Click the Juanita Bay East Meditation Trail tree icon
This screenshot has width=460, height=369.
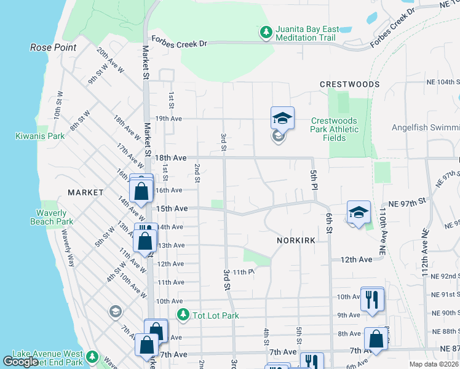pos(266,31)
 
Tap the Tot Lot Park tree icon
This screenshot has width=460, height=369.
pos(183,315)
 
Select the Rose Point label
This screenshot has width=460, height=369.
pos(54,47)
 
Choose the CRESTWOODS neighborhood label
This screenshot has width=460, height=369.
pos(349,84)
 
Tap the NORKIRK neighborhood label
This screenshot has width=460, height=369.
pos(296,240)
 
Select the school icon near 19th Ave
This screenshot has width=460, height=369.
pos(282,117)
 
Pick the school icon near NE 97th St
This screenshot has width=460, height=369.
pos(359,212)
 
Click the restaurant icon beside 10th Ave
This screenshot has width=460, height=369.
pos(372,300)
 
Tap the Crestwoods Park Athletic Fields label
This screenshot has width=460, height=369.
pos(335,129)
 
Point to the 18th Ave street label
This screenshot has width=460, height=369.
pos(170,158)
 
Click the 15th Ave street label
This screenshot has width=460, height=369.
pos(172,209)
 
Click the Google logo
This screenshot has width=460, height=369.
pos(20,362)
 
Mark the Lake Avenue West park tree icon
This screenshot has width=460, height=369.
pos(92,357)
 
